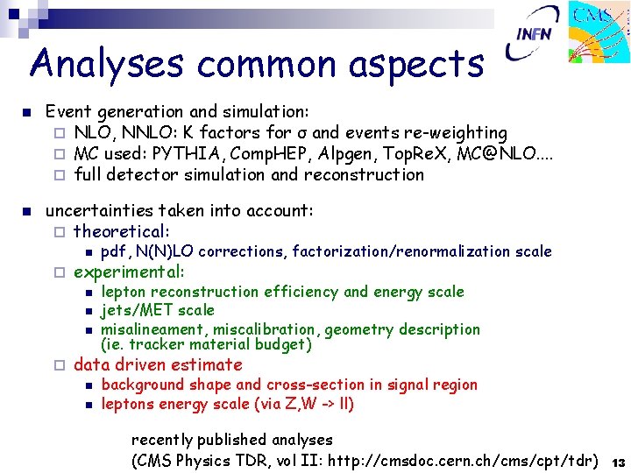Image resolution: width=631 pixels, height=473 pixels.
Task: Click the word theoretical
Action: coord(122,231)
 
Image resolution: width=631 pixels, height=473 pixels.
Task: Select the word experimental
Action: coord(129,272)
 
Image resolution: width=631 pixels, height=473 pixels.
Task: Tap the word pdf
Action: coord(114,252)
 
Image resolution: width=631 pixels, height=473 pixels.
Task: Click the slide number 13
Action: coord(618,462)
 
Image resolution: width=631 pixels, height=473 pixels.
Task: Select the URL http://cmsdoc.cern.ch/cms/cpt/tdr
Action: coord(464,461)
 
